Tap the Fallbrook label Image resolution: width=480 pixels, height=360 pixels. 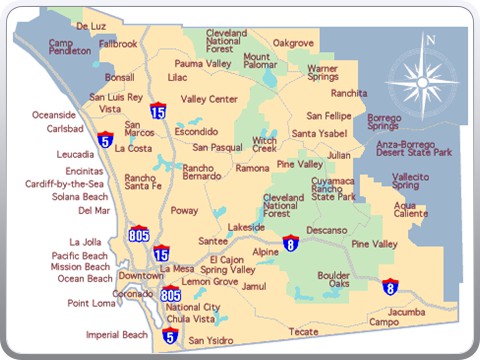pos(118,44)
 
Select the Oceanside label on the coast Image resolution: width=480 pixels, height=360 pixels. pos(54,114)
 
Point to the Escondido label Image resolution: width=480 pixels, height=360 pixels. pos(195,131)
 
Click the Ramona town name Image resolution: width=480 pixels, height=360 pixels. pos(252,168)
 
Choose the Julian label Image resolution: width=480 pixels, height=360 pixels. pos(339,155)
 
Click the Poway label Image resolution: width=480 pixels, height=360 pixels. pos(184,211)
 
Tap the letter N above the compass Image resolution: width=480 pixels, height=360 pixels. pos(431,40)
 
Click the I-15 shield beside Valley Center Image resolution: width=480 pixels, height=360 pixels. pos(158,111)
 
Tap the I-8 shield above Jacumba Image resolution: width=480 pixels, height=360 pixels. pos(389,288)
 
